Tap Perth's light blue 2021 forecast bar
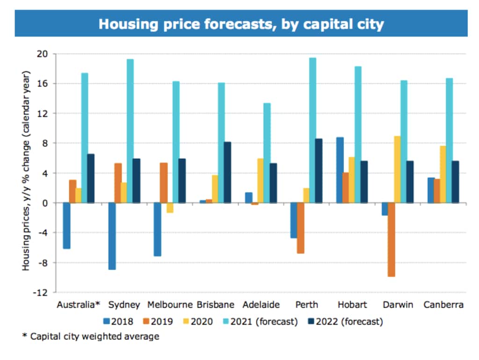click(x=312, y=130)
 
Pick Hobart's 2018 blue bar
click(x=339, y=170)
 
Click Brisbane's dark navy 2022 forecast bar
click(x=227, y=173)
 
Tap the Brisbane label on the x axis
click(x=216, y=305)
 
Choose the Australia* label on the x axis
click(x=79, y=305)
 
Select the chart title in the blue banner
click(x=241, y=23)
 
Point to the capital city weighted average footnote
click(x=91, y=336)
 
